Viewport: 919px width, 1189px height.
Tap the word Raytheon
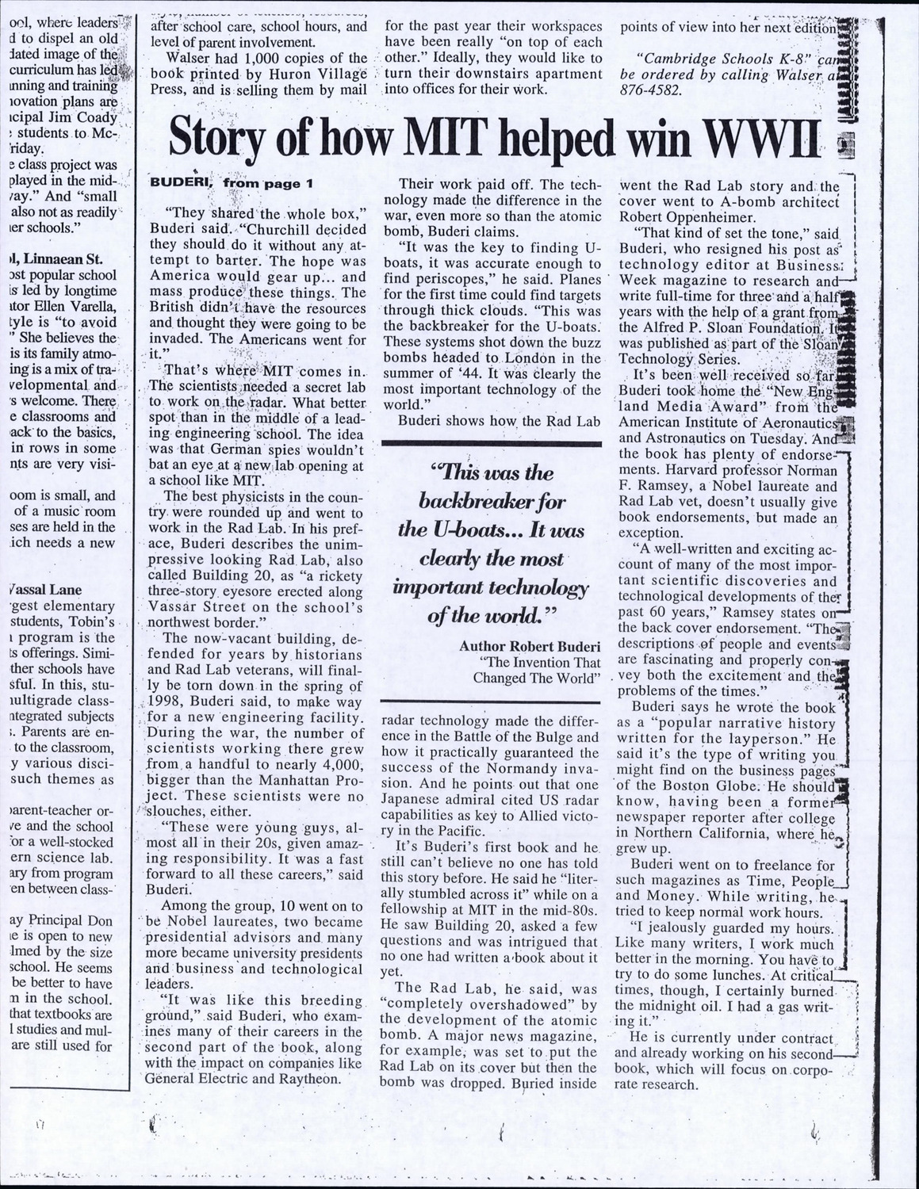pyautogui.click(x=306, y=1078)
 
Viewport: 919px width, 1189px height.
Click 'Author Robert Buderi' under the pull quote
pyautogui.click(x=526, y=646)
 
